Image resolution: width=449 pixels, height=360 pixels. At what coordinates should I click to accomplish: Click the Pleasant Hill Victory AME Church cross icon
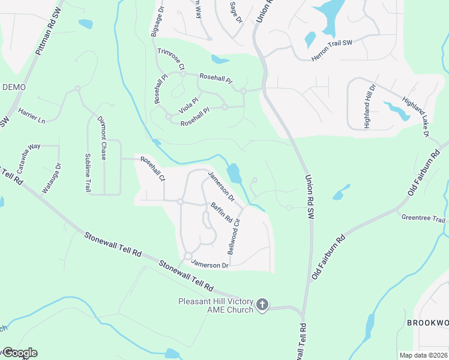point(262,305)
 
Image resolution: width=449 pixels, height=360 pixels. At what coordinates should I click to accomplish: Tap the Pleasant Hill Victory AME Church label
point(217,305)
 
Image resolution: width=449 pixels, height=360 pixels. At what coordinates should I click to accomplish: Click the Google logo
point(19,353)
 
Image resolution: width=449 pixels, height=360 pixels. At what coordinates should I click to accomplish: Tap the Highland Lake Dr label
point(415,116)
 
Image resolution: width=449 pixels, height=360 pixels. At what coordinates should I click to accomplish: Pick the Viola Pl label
point(188,107)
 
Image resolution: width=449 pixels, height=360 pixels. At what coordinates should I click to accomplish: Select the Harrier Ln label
point(32,116)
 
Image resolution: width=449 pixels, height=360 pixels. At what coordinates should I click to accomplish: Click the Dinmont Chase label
point(102,142)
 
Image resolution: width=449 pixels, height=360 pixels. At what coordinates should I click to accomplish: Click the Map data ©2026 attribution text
point(423,355)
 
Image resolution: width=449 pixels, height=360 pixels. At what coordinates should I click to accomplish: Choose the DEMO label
point(14,87)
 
